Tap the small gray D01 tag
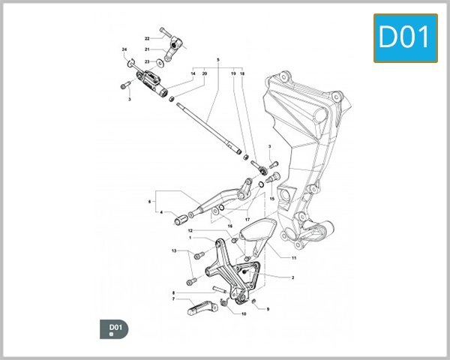tap(115, 328)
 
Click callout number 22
tap(148, 38)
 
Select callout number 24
tap(124, 49)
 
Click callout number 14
tap(193, 73)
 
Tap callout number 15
tap(271, 199)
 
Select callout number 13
tap(174, 251)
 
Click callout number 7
tap(173, 298)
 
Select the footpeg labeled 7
tap(198, 307)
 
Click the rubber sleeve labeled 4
tap(180, 220)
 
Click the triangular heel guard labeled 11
tap(253, 232)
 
